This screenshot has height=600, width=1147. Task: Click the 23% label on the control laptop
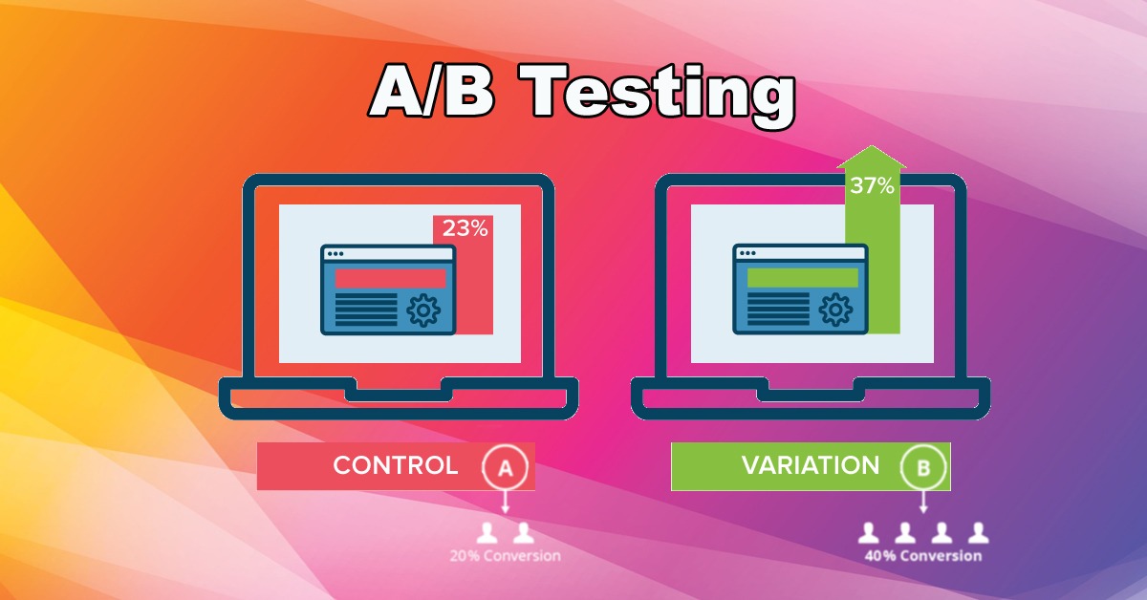465,228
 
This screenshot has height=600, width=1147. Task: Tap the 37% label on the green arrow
872,185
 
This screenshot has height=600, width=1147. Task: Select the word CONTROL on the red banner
396,465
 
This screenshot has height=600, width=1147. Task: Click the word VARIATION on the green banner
811,465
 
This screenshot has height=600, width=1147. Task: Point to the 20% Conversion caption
505,556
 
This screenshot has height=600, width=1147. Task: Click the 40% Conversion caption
923,556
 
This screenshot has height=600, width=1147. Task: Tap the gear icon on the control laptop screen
422,311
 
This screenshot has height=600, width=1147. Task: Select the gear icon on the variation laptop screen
835,310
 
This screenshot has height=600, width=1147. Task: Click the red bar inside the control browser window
390,278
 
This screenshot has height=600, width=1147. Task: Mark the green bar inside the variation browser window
803,278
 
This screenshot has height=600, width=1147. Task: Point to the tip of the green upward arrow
872,146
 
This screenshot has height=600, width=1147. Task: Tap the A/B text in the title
432,92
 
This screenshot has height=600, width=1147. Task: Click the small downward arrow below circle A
506,502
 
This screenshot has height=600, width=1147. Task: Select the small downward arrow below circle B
923,502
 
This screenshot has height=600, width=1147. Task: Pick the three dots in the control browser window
335,254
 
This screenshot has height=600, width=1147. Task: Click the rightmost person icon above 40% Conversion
978,533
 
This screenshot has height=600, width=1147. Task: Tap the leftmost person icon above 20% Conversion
487,533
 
